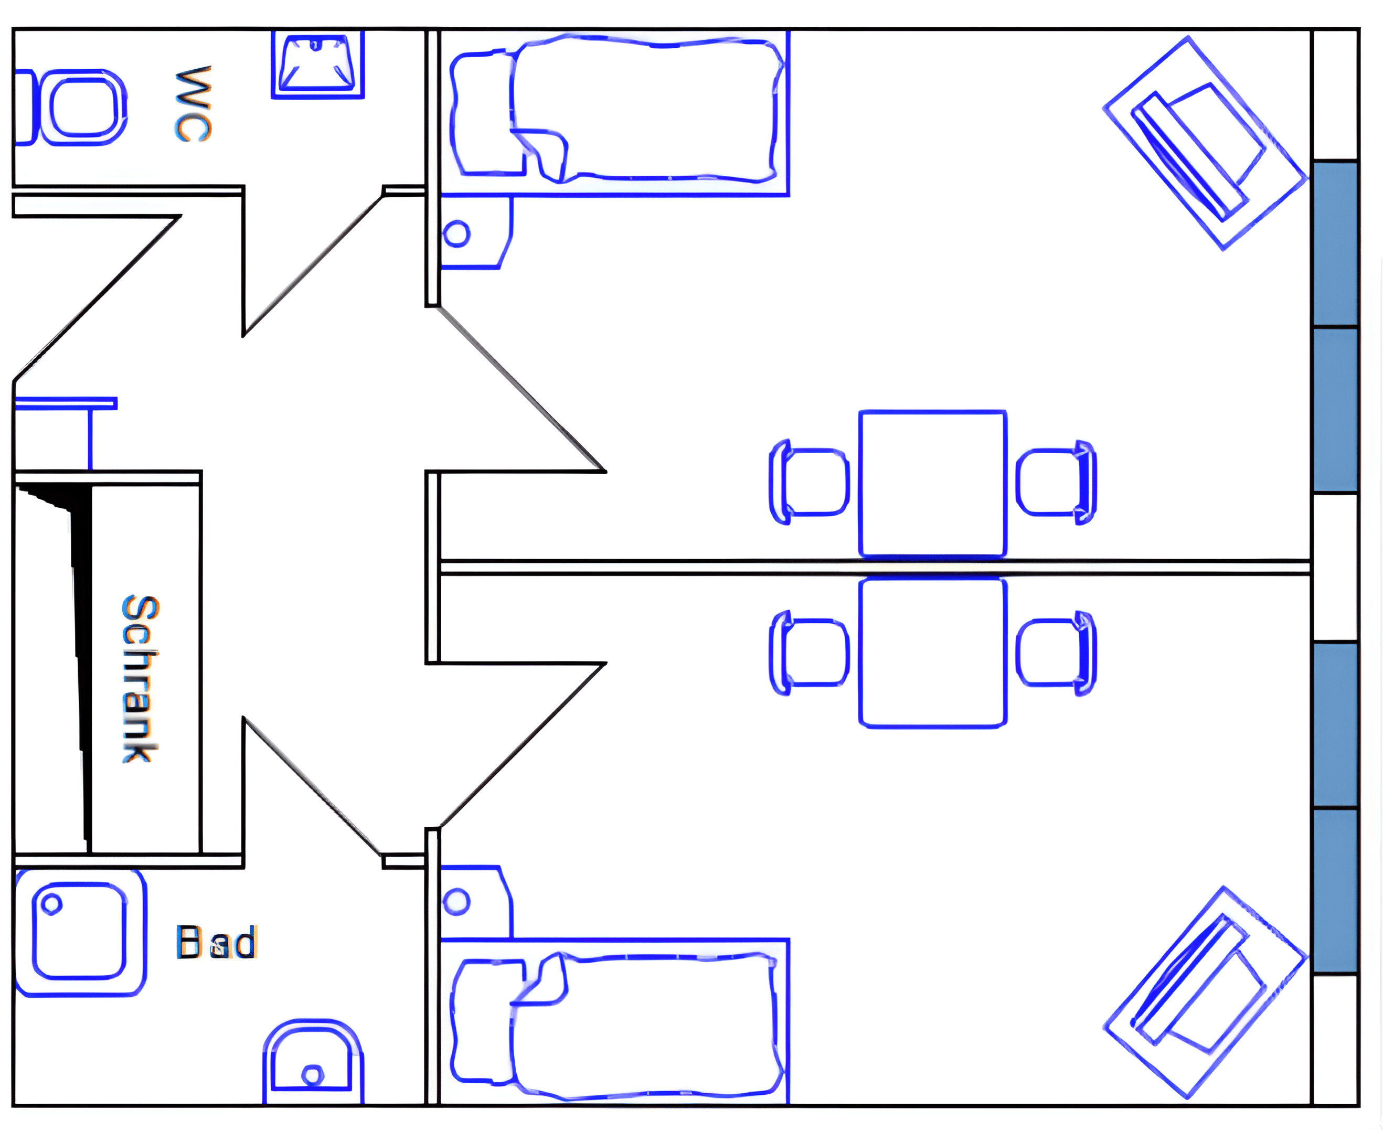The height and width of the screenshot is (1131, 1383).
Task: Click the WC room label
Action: click(194, 104)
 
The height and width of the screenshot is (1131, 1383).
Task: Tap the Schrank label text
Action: click(140, 678)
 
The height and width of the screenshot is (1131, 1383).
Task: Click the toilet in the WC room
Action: click(81, 108)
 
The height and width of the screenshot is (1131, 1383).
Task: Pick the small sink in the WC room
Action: click(317, 64)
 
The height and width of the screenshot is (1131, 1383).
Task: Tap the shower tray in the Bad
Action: click(79, 932)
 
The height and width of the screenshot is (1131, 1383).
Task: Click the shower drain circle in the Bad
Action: click(51, 904)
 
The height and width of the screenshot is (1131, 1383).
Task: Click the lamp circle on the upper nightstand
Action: click(456, 233)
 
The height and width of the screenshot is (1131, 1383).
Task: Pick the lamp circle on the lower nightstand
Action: click(456, 902)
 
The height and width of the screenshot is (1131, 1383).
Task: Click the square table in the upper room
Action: click(932, 484)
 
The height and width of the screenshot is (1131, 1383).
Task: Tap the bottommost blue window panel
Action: click(1335, 891)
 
